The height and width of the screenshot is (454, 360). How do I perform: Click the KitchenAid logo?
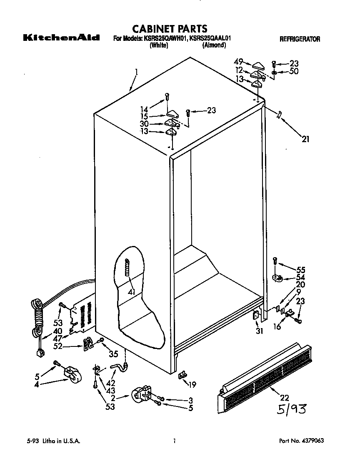[x=61, y=38]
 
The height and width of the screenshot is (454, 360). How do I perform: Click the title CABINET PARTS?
[x=170, y=29]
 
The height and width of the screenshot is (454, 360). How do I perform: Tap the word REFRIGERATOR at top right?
[x=300, y=39]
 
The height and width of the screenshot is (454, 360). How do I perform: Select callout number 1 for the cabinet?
[x=136, y=72]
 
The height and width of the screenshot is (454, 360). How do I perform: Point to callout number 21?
[x=305, y=139]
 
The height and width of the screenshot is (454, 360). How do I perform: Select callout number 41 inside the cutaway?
[x=132, y=291]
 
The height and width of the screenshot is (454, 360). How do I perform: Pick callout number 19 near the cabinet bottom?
[x=192, y=385]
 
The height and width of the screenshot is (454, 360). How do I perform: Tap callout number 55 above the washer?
[x=300, y=270]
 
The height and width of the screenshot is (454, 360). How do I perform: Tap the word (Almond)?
[x=214, y=45]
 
